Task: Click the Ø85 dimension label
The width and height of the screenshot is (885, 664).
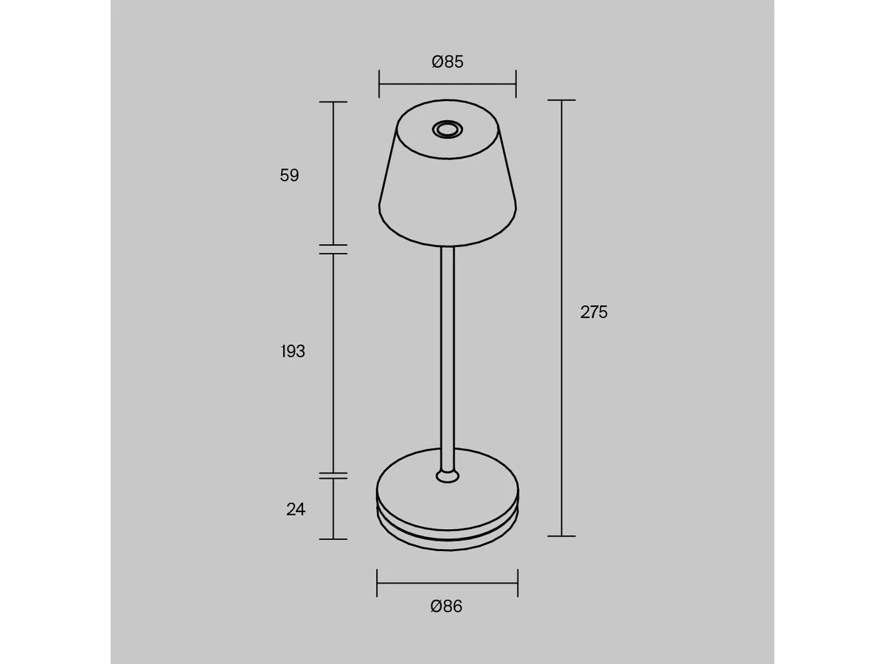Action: click(x=447, y=62)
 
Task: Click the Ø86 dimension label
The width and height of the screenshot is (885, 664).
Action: click(x=446, y=606)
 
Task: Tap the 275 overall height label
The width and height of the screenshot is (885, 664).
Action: click(x=594, y=312)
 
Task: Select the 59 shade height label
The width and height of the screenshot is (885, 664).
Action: click(x=290, y=176)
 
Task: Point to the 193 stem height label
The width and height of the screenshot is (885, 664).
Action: click(x=293, y=351)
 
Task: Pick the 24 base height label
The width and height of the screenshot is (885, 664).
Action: click(x=296, y=510)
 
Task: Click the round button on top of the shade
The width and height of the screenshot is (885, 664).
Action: click(x=447, y=129)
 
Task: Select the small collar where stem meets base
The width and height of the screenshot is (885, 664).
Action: click(x=447, y=476)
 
